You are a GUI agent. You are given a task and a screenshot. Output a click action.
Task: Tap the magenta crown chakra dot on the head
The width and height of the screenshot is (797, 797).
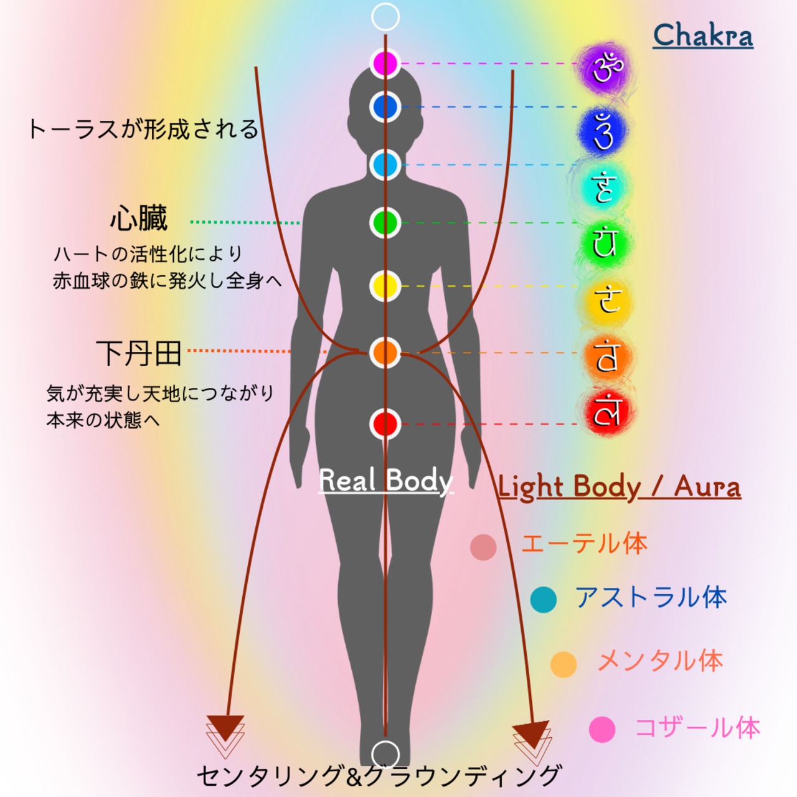coord(385,63)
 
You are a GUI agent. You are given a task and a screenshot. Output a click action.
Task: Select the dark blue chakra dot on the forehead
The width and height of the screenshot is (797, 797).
coord(385,107)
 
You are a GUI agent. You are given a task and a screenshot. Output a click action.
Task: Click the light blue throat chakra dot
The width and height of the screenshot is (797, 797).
coord(385,165)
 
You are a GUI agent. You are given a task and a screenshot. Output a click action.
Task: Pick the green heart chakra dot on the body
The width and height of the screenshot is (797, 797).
coord(385,223)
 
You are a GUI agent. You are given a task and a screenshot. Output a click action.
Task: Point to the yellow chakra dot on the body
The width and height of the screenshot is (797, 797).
coord(385,286)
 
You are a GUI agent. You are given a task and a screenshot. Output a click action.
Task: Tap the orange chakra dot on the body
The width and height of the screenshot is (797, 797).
coord(385,352)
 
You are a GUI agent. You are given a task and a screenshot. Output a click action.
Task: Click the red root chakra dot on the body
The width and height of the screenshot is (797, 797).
coord(385,424)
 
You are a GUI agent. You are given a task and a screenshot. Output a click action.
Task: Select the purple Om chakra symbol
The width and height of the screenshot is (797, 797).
coord(606,67)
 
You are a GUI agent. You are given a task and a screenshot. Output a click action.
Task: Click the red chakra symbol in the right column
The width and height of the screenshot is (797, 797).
coord(606,412)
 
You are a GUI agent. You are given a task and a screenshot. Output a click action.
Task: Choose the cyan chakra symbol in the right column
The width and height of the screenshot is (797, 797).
coord(605,187)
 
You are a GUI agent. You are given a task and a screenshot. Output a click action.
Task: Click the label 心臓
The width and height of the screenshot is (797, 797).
coord(139,219)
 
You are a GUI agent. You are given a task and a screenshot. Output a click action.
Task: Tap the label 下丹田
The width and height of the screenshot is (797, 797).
coord(139,353)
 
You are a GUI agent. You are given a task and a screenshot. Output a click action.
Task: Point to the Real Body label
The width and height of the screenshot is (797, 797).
coord(385,481)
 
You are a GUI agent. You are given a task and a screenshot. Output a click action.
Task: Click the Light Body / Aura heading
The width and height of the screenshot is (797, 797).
coord(620,486)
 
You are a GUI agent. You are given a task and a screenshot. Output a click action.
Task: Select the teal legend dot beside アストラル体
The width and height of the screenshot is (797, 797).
coord(544,600)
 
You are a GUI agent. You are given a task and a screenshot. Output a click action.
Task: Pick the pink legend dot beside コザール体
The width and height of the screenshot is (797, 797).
coord(602,729)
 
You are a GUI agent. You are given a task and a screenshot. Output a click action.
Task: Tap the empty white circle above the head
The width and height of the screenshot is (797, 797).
coord(385,17)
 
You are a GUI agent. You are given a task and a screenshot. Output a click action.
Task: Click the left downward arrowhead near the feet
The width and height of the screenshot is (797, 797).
coord(225,729)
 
